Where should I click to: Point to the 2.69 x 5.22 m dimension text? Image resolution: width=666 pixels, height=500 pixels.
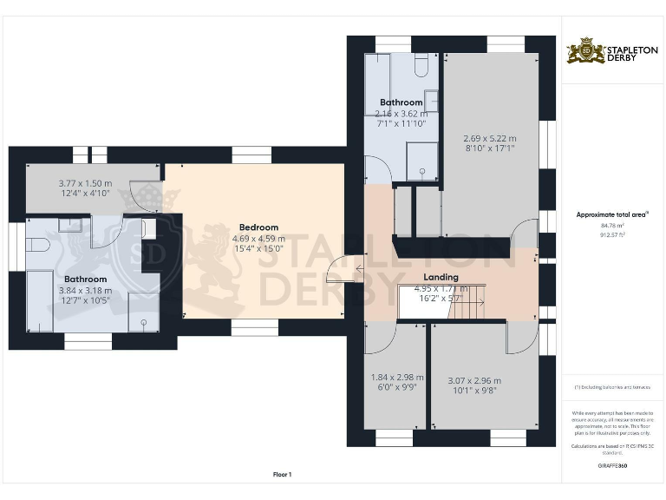point(491,138)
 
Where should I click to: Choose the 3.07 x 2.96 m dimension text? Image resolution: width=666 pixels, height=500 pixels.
point(473,380)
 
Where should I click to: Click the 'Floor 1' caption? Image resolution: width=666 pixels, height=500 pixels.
point(282,474)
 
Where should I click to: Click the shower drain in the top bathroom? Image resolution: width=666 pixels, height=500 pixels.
point(422,172)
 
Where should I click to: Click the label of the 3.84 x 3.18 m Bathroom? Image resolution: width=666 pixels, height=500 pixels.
point(84,280)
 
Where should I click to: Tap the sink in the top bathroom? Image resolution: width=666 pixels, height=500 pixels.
point(430,102)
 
